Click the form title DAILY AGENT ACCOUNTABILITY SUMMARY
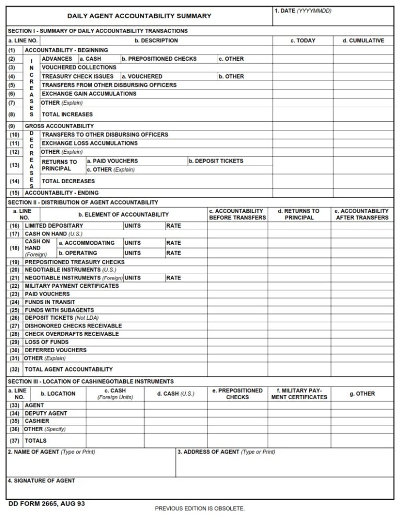click(x=139, y=16)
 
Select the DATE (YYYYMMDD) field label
click(x=303, y=11)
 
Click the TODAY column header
click(x=303, y=41)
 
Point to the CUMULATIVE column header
click(x=363, y=41)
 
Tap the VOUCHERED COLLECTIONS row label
click(x=79, y=67)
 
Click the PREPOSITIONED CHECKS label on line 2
click(x=159, y=59)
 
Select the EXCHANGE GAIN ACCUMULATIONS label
click(x=89, y=94)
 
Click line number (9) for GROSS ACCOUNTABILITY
click(x=11, y=126)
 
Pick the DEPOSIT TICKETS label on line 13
click(x=216, y=161)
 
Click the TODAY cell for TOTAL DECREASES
click(x=303, y=182)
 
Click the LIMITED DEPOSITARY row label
click(x=54, y=226)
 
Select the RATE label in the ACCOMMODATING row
click(x=173, y=243)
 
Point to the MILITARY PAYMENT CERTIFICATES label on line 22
click(x=72, y=286)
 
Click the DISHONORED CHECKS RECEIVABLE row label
click(x=73, y=326)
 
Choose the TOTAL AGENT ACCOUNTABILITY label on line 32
click(x=68, y=369)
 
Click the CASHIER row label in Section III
click(x=37, y=421)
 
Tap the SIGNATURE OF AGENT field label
click(x=41, y=481)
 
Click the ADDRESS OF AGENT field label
click(x=226, y=452)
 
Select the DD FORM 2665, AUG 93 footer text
click(x=46, y=504)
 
